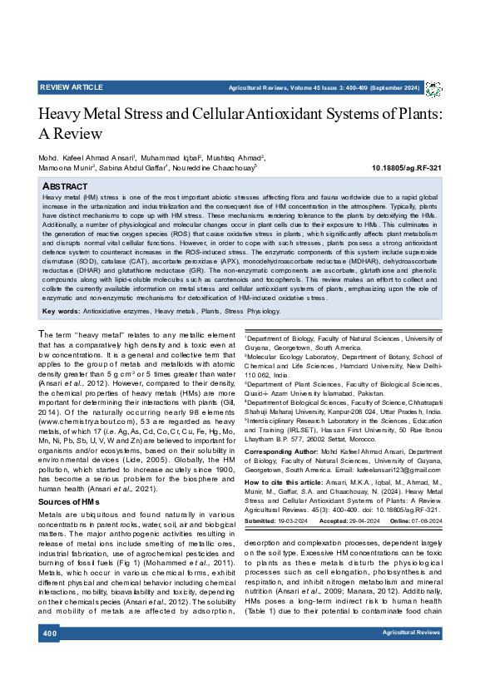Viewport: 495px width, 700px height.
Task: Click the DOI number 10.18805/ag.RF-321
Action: (x=406, y=167)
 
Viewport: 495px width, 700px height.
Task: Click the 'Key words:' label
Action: (x=61, y=310)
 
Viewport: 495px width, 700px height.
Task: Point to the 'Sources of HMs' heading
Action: (x=71, y=503)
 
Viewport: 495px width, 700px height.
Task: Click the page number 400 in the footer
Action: (x=48, y=657)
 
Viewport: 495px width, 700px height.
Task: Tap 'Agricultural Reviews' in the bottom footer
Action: (x=411, y=657)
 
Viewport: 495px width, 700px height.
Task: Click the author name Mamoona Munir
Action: (x=66, y=167)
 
